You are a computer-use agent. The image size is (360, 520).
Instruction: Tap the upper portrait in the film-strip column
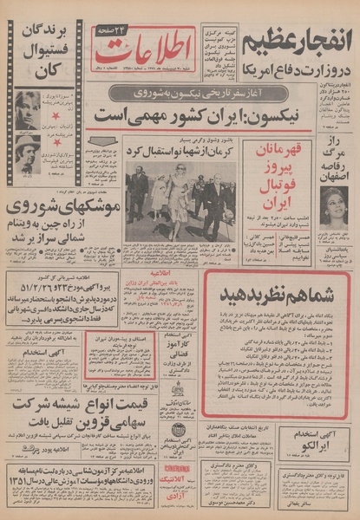click(27, 108)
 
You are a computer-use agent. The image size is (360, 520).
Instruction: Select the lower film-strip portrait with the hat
click(27, 151)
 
